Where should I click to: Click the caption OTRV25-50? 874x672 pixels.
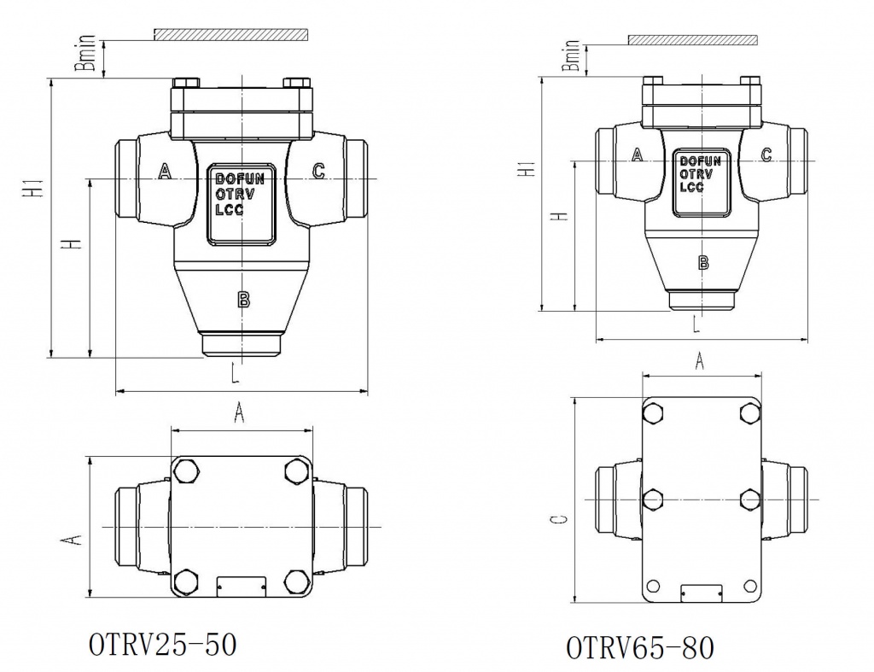tap(162, 644)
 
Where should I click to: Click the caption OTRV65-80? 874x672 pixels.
tap(639, 647)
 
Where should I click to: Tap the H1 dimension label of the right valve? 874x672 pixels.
tap(529, 168)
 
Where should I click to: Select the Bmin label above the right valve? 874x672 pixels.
tap(573, 54)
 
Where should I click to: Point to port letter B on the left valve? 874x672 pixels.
tap(243, 299)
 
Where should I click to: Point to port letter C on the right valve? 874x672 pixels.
tap(766, 155)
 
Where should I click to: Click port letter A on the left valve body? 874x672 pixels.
tap(166, 172)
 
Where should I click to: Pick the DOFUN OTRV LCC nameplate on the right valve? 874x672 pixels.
tap(701, 175)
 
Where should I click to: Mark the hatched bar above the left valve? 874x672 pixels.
tap(230, 35)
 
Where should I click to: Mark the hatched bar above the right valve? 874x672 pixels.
tap(692, 40)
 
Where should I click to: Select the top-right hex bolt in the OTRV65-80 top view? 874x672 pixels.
tap(749, 414)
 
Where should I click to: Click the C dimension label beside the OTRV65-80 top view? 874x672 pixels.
tap(557, 521)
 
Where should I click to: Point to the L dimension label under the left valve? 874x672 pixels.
tap(233, 372)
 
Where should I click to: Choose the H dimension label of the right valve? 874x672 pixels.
tap(560, 215)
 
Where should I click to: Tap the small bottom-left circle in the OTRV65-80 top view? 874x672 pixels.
tap(653, 586)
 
